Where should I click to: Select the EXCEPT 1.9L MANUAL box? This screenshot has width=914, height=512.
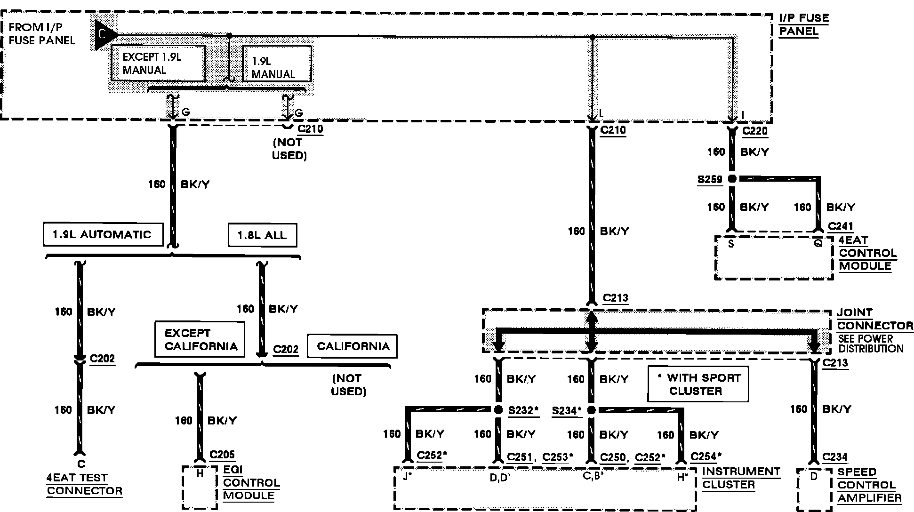[158, 64]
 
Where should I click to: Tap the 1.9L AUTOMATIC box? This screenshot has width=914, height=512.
[103, 234]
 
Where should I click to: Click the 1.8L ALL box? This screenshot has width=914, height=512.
[262, 235]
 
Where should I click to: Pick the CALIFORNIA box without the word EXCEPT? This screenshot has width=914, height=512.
[353, 346]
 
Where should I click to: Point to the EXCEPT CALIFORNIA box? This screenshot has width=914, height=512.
[200, 339]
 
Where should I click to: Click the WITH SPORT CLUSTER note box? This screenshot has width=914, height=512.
[698, 384]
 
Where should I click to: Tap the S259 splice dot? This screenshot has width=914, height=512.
[731, 179]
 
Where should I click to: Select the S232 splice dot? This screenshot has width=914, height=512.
[498, 410]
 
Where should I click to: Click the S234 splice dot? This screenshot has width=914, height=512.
[592, 410]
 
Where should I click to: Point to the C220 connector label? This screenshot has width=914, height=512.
[755, 131]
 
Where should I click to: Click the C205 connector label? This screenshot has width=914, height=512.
[222, 455]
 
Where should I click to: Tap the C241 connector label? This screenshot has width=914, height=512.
[840, 226]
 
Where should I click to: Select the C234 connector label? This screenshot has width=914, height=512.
[835, 457]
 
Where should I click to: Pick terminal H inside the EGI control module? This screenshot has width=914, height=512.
[200, 474]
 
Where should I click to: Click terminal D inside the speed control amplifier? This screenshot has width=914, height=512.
[814, 476]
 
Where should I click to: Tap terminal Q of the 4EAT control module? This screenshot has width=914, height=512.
[818, 244]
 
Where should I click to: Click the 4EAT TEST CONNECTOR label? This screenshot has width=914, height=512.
[84, 484]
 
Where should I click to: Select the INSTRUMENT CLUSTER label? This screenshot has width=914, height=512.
[741, 478]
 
